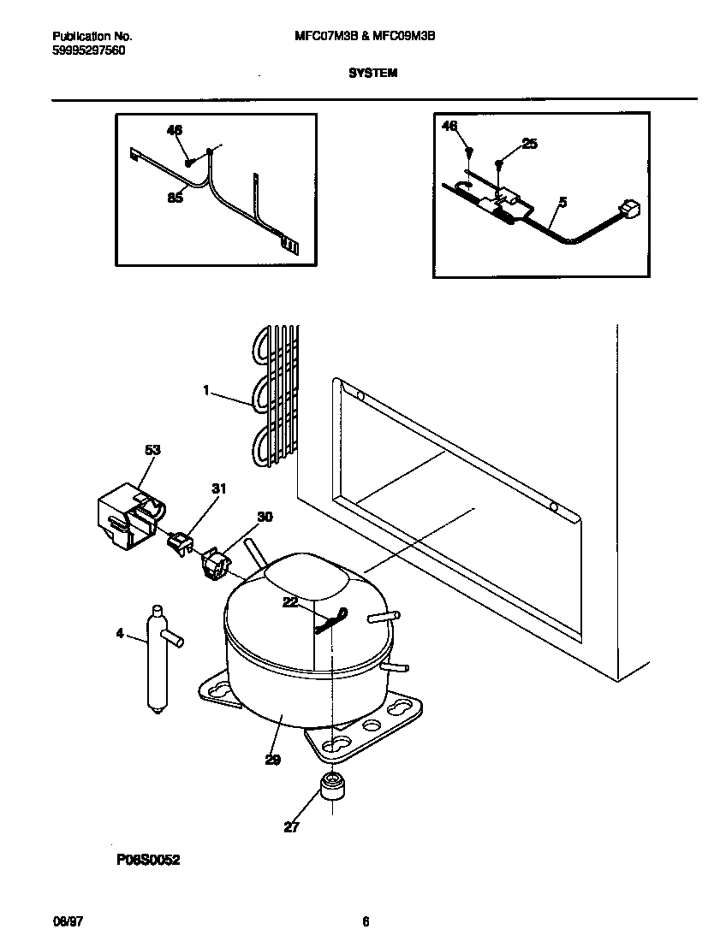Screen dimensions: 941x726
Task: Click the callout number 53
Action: pos(152,449)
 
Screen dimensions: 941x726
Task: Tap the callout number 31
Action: pos(219,488)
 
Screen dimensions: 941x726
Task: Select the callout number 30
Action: pos(265,517)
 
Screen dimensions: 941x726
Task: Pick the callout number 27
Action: pos(292,827)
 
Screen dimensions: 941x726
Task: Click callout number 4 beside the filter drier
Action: pos(120,634)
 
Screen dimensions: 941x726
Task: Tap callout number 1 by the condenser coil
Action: pos(206,390)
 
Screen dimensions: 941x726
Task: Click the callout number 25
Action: pos(529,144)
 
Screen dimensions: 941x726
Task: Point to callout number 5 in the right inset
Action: pos(562,203)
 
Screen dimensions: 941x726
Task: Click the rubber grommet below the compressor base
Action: pos(329,786)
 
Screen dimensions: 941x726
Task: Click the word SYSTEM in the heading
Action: pos(372,74)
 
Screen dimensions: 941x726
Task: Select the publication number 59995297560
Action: pos(88,50)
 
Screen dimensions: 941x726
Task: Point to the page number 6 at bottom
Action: pos(366,921)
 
